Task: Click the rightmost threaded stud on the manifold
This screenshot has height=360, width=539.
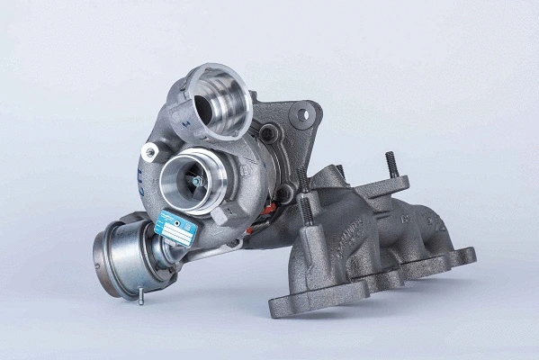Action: [392, 165]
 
